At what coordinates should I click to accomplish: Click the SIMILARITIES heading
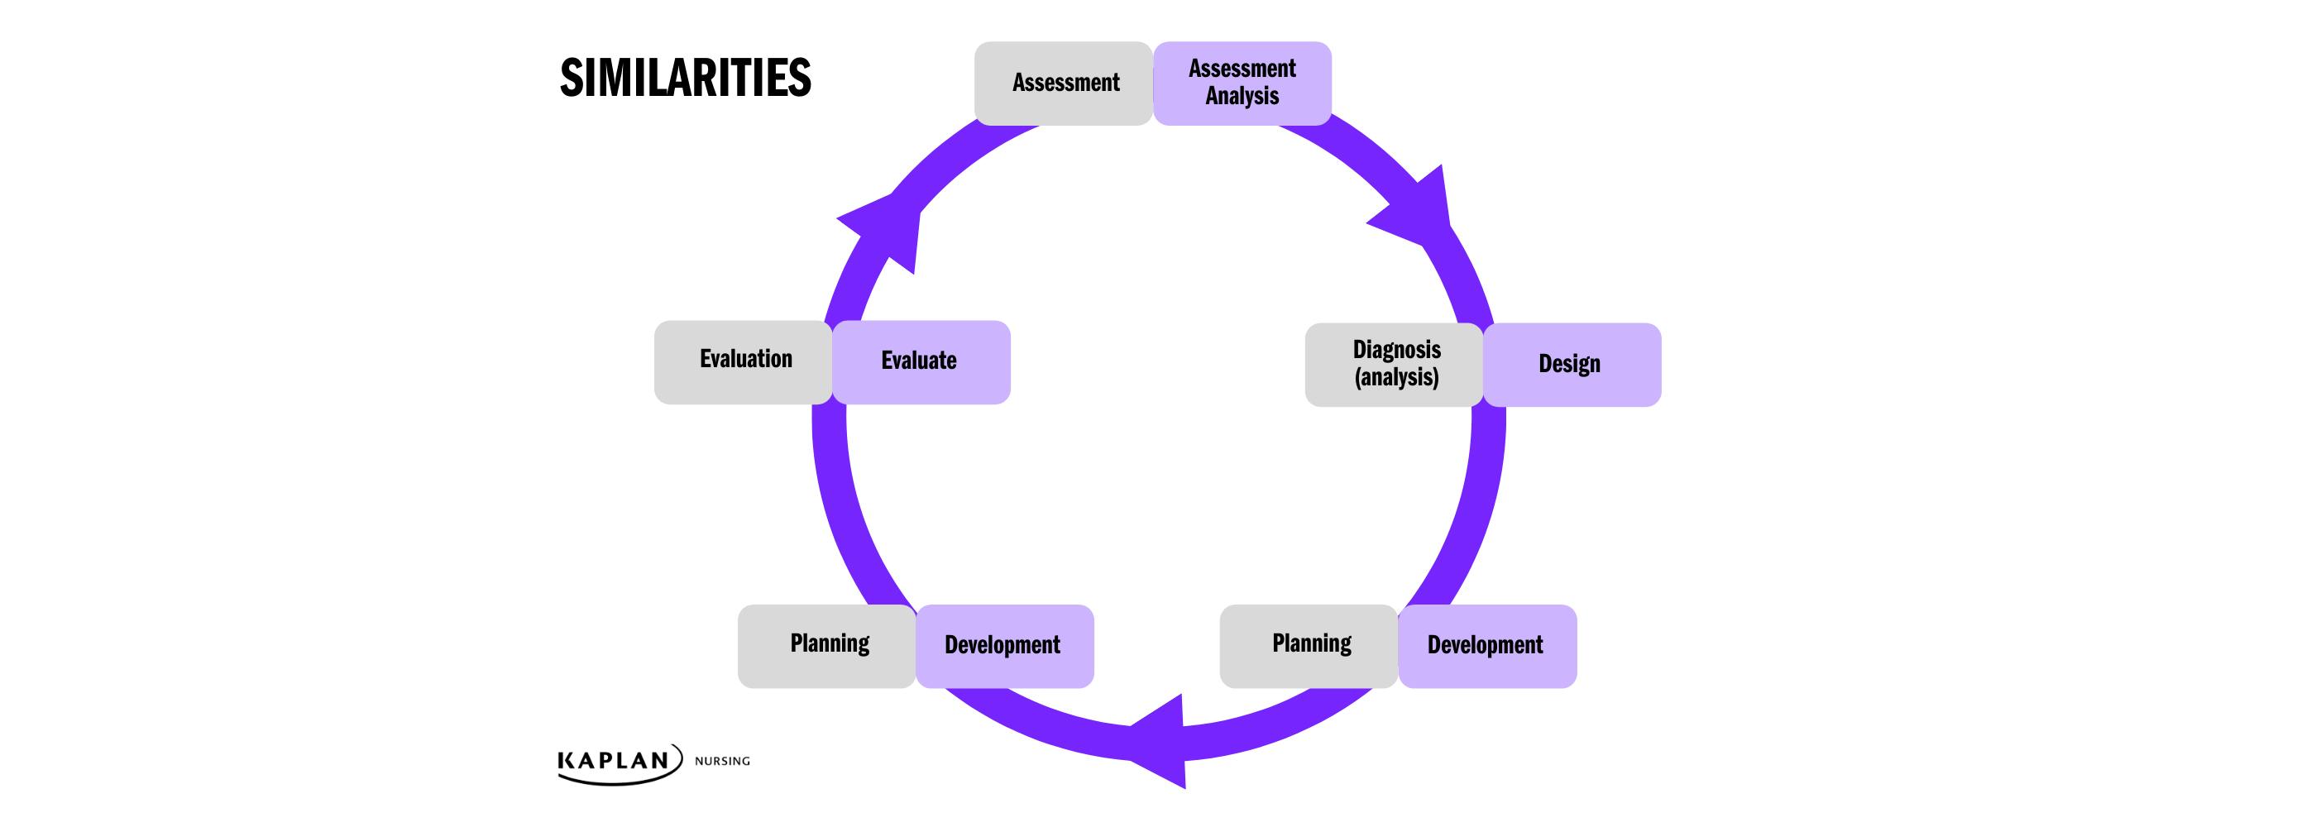coord(685,79)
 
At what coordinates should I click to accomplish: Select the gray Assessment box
coord(1064,83)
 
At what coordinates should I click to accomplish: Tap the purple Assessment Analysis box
coord(1242,83)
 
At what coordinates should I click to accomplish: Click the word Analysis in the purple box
coord(1242,96)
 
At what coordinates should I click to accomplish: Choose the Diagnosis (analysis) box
coord(1395,364)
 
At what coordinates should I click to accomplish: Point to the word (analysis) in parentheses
coord(1396,378)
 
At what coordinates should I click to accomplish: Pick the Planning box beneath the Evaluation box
coord(827,645)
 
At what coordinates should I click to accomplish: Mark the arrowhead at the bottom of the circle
coord(1165,741)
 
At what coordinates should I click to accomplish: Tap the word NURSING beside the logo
coord(722,762)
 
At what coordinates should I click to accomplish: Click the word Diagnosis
coord(1396,350)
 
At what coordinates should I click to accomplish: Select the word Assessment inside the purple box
coord(1242,69)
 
